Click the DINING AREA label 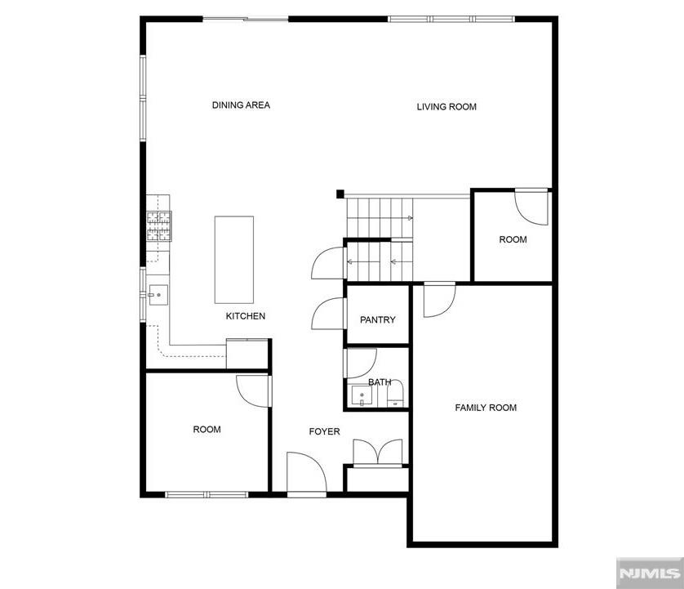pyautogui.click(x=241, y=105)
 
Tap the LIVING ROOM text pyautogui.click(x=446, y=107)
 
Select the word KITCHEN pyautogui.click(x=245, y=316)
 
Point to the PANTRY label pyautogui.click(x=377, y=320)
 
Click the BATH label pyautogui.click(x=379, y=382)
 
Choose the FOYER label pyautogui.click(x=324, y=431)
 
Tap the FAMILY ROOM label pyautogui.click(x=486, y=408)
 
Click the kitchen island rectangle pyautogui.click(x=234, y=260)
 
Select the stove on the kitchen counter pyautogui.click(x=159, y=226)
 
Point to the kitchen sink pyautogui.click(x=158, y=292)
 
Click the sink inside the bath pyautogui.click(x=361, y=397)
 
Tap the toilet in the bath pyautogui.click(x=395, y=399)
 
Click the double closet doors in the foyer pyautogui.click(x=377, y=453)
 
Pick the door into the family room pyautogui.click(x=438, y=300)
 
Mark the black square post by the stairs pyautogui.click(x=340, y=194)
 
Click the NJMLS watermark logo pyautogui.click(x=649, y=572)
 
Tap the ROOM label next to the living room pyautogui.click(x=513, y=239)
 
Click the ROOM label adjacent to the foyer pyautogui.click(x=207, y=430)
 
